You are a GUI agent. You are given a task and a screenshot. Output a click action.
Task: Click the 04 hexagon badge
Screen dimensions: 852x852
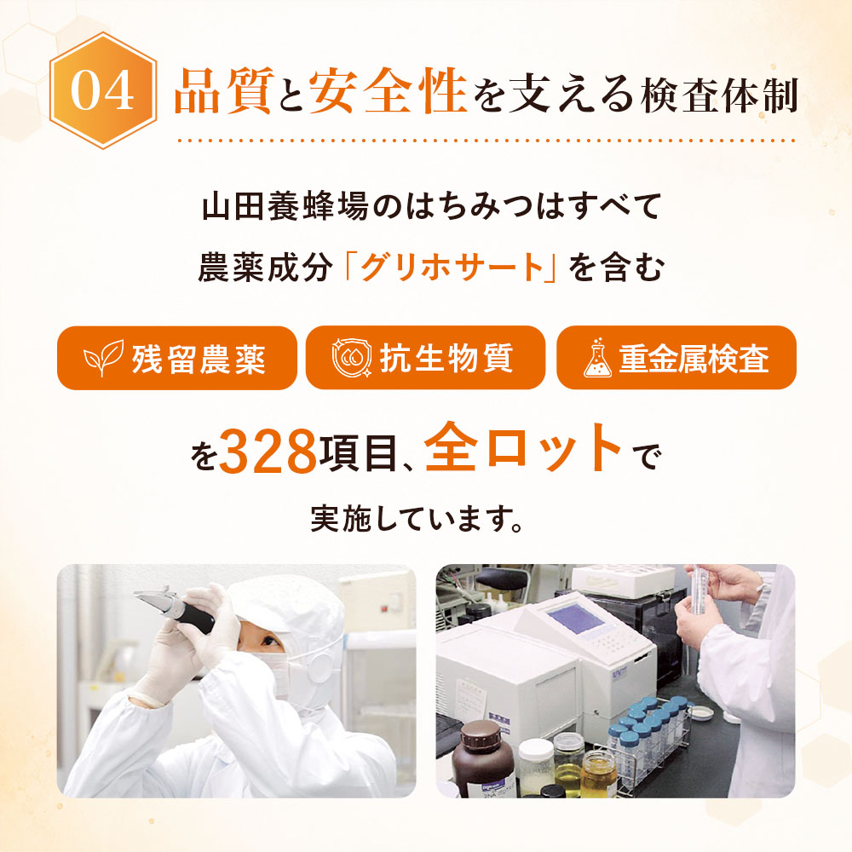click(x=103, y=90)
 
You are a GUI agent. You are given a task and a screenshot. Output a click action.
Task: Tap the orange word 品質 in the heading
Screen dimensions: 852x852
click(x=224, y=91)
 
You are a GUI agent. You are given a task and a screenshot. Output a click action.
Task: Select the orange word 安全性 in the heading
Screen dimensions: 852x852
click(x=388, y=91)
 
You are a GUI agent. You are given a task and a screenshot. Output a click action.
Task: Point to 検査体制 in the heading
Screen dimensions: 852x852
click(x=719, y=95)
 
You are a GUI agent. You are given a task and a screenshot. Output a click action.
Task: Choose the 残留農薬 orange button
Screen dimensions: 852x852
click(x=176, y=358)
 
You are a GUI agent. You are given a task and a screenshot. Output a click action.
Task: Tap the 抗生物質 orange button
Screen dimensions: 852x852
click(x=425, y=358)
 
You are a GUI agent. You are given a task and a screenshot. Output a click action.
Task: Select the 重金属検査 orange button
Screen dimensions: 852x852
click(x=676, y=358)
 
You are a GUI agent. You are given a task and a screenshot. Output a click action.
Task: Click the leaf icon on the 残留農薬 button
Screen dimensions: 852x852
click(x=103, y=357)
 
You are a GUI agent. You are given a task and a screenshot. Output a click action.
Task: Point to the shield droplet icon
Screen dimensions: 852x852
click(x=352, y=358)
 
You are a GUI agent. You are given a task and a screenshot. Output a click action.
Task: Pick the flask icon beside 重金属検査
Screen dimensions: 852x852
click(x=598, y=357)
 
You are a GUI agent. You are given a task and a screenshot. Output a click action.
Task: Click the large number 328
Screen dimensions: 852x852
click(x=268, y=451)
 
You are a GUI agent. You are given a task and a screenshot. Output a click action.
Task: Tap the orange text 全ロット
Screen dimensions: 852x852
click(x=523, y=447)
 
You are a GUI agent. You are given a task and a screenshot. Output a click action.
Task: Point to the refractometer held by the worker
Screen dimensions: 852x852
click(x=174, y=611)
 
